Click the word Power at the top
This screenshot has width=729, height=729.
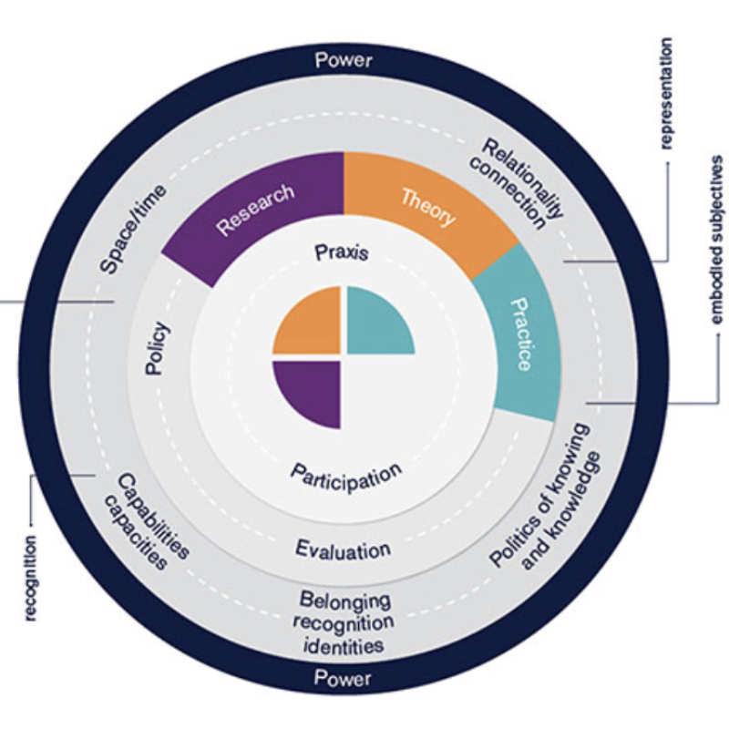point(344,61)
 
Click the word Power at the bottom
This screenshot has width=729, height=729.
point(344,678)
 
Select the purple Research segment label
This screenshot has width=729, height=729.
point(255,210)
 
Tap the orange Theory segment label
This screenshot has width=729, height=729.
point(426,206)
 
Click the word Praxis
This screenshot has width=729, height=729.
point(342,252)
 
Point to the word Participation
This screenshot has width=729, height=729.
point(346,475)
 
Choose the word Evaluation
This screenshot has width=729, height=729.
point(344,549)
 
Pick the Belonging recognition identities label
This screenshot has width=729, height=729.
point(345,623)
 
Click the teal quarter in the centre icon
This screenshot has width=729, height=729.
point(375,322)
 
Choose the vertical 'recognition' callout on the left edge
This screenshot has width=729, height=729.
point(30,579)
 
